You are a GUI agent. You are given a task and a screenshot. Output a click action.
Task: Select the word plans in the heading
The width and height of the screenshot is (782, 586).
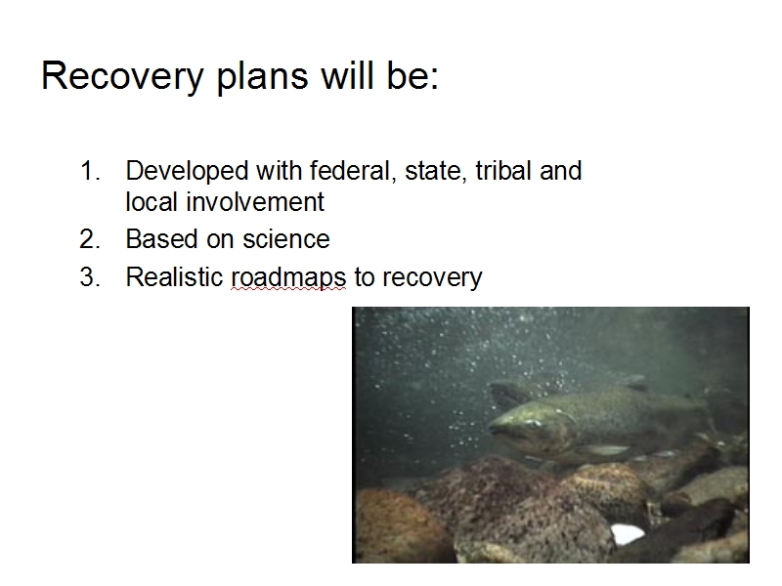(262, 77)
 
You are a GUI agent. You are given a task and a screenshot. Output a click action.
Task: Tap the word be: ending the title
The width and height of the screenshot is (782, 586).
(413, 75)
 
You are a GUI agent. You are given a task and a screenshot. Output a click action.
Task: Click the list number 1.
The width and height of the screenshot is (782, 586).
(90, 171)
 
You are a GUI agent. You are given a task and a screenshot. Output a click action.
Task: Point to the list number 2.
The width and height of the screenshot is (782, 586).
(90, 239)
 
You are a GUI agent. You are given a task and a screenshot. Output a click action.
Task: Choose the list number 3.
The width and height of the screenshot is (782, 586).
(90, 277)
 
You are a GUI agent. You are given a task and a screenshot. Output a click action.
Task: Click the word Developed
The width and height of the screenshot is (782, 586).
(187, 172)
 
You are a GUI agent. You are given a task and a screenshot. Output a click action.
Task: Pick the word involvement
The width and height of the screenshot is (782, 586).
(255, 202)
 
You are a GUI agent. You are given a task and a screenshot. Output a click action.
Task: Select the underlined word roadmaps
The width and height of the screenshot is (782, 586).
(288, 277)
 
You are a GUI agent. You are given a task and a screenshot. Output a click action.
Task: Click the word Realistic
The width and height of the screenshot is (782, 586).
(174, 277)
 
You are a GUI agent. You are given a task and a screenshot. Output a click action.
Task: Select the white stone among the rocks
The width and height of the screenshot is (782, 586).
(627, 533)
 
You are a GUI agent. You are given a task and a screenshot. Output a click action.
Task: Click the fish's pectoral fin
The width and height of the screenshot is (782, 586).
(603, 450)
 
